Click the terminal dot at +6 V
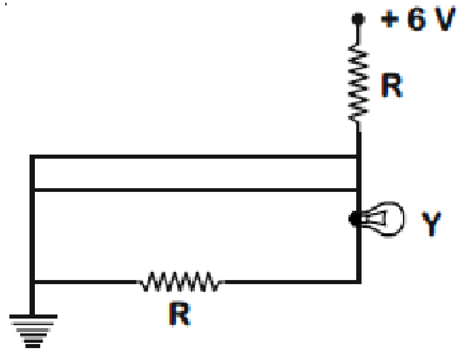point(358,19)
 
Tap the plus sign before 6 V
point(389,19)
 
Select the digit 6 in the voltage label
point(417,19)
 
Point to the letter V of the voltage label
point(445,19)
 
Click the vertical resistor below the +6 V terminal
point(359,82)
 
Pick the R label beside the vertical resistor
point(392,85)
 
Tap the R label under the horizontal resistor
point(180,314)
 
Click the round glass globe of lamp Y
point(387,219)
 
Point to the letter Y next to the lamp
point(431,223)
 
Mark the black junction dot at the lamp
point(355,219)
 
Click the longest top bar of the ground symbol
point(33,316)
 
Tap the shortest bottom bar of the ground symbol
point(33,346)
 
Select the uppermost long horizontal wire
point(195,157)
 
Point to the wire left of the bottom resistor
point(86,282)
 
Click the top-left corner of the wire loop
point(32,157)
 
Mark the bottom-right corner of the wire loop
point(359,282)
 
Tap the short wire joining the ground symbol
point(32,299)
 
